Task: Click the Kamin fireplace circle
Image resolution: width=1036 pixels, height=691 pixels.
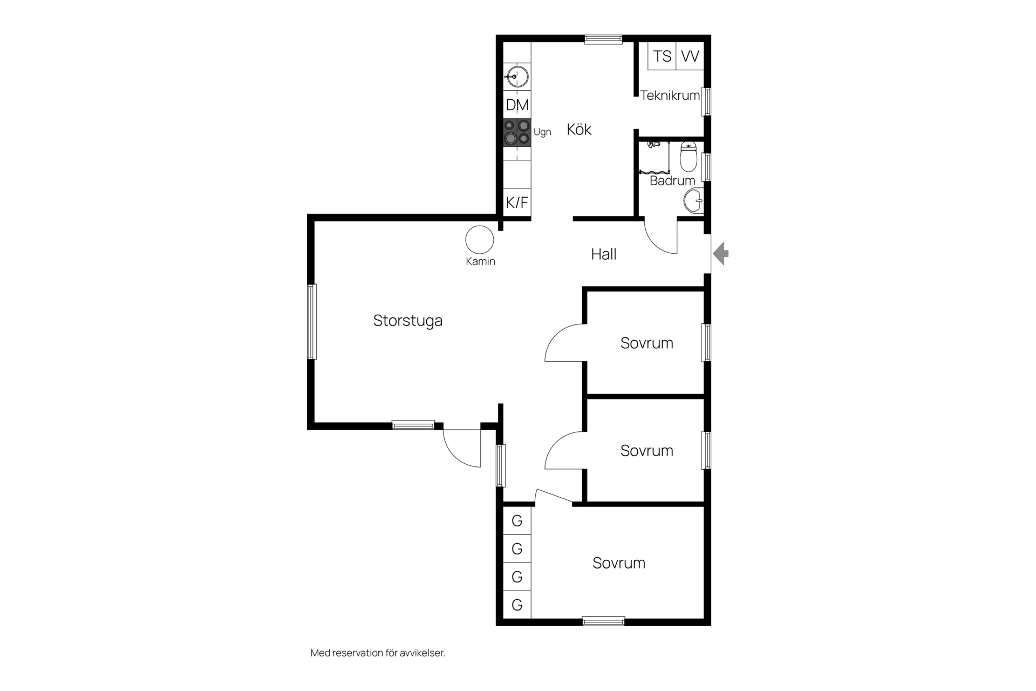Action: [x=480, y=240]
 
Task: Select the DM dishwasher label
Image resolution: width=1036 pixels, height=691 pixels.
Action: [x=517, y=105]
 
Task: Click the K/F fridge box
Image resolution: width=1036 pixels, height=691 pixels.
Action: [x=517, y=202]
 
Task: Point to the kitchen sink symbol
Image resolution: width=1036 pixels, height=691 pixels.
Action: [x=517, y=77]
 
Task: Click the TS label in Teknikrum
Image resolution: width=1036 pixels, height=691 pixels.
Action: [x=662, y=56]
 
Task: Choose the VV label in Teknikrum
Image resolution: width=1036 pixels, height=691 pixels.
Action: [x=690, y=56]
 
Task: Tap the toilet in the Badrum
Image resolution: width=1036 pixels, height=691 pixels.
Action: [x=689, y=156]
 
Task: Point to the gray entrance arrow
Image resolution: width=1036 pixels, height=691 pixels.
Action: [x=721, y=253]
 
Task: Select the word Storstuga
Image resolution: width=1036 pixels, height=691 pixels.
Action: [x=408, y=321]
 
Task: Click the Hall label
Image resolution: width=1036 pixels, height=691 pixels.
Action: [x=604, y=254]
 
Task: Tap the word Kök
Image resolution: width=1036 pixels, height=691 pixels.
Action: [x=579, y=130]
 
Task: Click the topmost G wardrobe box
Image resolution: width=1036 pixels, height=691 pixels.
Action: [x=517, y=521]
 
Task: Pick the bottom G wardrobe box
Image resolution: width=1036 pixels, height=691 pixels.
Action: [x=517, y=605]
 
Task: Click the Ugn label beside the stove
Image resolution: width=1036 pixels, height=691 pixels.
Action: [x=542, y=132]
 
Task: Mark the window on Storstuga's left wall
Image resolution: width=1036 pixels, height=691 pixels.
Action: [x=312, y=322]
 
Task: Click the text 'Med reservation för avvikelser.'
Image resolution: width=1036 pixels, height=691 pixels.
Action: [x=378, y=653]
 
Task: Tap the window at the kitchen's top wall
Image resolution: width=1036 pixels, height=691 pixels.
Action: [x=603, y=39]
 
